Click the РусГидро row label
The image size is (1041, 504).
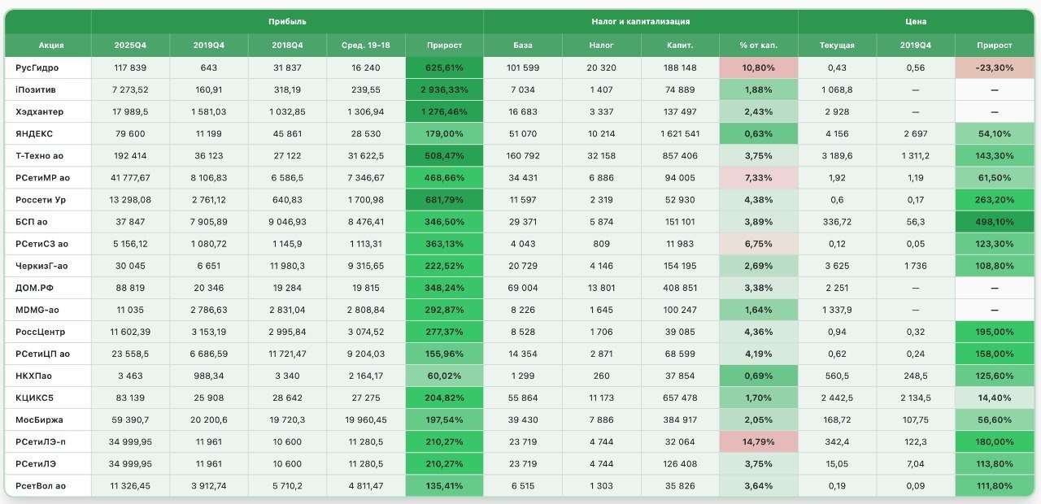[x=37, y=67]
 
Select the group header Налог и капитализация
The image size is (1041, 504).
[x=640, y=21]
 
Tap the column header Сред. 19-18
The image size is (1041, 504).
[x=366, y=45]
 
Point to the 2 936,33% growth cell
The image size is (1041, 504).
[x=444, y=89]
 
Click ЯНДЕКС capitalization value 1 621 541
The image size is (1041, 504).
[x=680, y=134]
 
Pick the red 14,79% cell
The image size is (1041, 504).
[x=759, y=441]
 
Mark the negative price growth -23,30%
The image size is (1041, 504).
[x=995, y=67]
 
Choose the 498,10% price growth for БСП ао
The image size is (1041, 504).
[x=995, y=222]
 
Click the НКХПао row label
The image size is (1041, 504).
[x=33, y=376]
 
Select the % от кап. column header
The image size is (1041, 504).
[x=759, y=45]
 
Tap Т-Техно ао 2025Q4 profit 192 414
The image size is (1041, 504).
[x=130, y=155]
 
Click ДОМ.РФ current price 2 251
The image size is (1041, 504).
[x=837, y=288]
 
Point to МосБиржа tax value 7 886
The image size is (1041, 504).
[x=601, y=420]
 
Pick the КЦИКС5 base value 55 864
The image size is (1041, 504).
[x=523, y=398]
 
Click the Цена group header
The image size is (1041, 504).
[x=916, y=21]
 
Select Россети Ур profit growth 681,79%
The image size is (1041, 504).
[x=444, y=200]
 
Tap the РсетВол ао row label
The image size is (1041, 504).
[x=41, y=486]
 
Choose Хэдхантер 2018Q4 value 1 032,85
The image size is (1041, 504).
[x=287, y=112]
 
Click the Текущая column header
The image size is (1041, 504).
[x=837, y=45]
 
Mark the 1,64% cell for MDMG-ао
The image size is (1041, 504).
[x=759, y=310]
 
